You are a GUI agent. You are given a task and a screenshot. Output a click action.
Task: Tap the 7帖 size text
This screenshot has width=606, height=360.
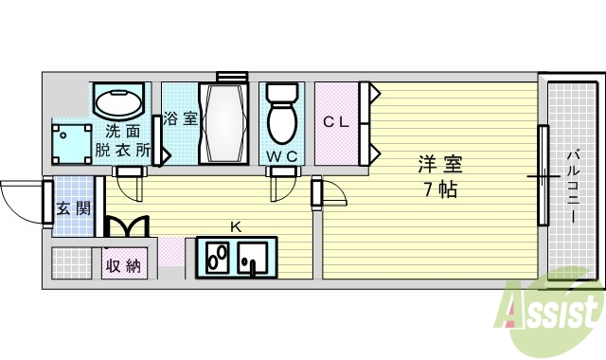point(438,189)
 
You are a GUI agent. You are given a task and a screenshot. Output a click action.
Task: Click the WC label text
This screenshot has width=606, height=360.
point(281,155)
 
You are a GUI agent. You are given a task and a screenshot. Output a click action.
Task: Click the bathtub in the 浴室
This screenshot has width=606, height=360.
point(223,123)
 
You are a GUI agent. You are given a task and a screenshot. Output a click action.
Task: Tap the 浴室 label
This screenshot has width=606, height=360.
point(180,119)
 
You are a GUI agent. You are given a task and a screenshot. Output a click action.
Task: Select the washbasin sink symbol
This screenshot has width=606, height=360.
point(120,103)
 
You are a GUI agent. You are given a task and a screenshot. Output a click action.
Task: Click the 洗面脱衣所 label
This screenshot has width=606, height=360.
point(123,140)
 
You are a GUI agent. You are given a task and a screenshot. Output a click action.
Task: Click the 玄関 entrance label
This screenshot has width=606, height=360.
point(72,207)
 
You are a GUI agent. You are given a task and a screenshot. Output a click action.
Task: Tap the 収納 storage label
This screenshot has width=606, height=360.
point(124,264)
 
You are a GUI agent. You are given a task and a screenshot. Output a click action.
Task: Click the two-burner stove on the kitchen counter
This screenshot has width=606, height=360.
point(217,257)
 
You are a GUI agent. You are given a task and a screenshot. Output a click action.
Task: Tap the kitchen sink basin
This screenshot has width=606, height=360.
point(253,256)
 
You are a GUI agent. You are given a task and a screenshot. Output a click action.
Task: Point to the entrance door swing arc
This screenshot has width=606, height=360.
point(21,199)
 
